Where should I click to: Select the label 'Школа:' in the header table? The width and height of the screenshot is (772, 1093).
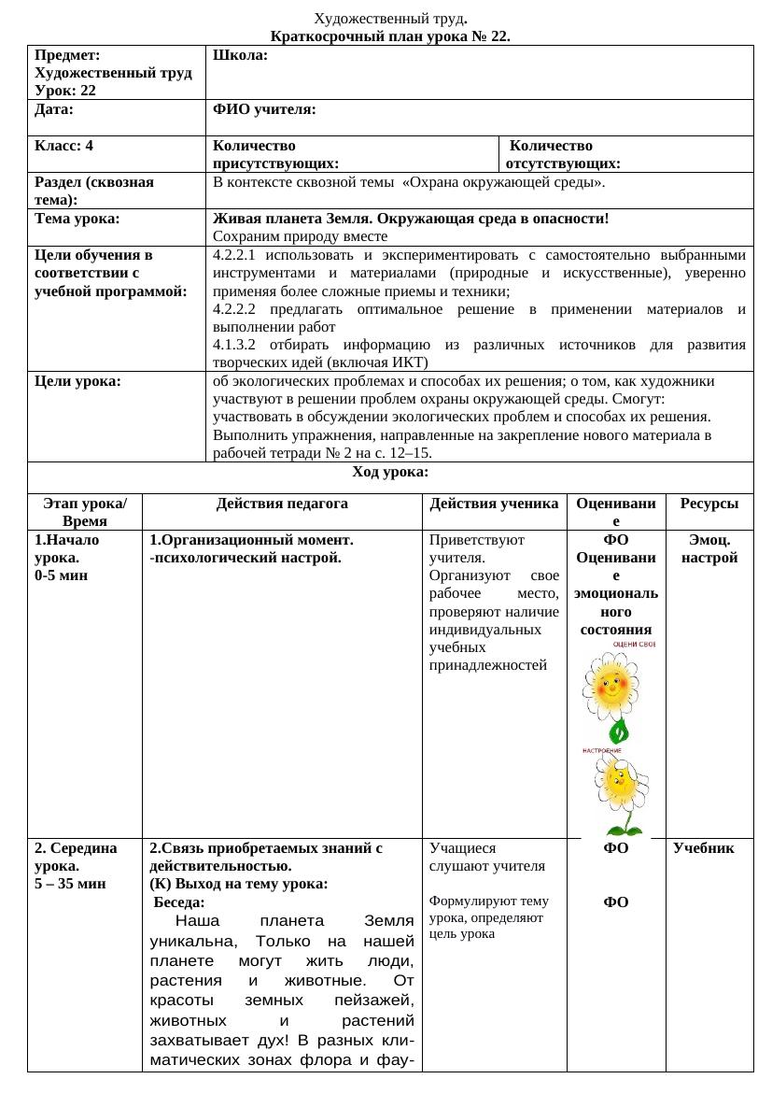point(241,56)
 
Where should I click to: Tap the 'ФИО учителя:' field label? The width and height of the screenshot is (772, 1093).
point(264,110)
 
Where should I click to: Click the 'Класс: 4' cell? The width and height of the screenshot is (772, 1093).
point(63,146)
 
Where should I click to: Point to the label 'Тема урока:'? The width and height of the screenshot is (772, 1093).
point(77,219)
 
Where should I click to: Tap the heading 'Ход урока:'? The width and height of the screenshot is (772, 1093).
point(390,472)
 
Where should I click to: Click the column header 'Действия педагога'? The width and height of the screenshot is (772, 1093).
point(282,504)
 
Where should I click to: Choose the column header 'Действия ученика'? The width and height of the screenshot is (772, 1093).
point(495,504)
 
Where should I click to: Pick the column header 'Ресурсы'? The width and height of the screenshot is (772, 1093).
point(709,504)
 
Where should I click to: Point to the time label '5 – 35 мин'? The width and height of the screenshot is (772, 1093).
point(70,883)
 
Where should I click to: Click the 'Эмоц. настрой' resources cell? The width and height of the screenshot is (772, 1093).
point(709,548)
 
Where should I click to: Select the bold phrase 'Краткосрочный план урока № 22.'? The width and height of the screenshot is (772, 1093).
point(390,36)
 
